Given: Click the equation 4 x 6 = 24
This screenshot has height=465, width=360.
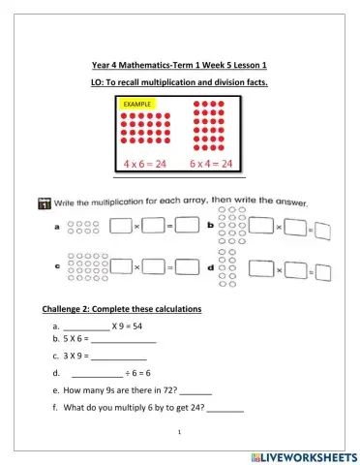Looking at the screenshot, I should pyautogui.click(x=141, y=164).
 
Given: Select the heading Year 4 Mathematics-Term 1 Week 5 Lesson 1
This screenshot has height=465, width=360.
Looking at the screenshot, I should pyautogui.click(x=179, y=65).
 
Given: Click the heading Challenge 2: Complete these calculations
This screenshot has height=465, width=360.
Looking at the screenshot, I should pyautogui.click(x=121, y=309).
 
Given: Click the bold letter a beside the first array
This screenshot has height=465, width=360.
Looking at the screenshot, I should pyautogui.click(x=57, y=228).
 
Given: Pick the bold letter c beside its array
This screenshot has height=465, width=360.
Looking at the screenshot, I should pyautogui.click(x=57, y=264).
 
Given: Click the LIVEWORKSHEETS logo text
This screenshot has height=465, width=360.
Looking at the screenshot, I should pyautogui.click(x=303, y=454).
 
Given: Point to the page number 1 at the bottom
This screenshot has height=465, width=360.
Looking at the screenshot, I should pyautogui.click(x=180, y=437).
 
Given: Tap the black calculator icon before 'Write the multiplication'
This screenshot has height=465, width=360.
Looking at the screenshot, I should pyautogui.click(x=43, y=203).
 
